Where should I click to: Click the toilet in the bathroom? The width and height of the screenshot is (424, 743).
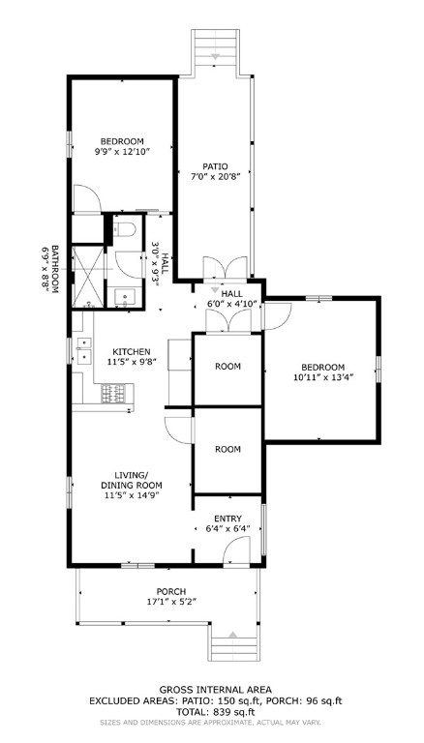click(x=124, y=231)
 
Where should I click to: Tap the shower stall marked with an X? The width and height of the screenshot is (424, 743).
click(x=88, y=277)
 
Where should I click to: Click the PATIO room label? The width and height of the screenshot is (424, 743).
click(x=214, y=165)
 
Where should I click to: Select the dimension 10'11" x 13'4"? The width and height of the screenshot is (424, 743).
click(x=322, y=379)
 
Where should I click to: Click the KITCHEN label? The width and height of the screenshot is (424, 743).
click(x=131, y=351)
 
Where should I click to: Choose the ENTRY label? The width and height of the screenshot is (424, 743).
click(x=228, y=519)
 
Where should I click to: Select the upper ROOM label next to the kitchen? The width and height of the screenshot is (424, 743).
click(x=227, y=367)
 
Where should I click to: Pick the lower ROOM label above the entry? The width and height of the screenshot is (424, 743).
click(x=227, y=449)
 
